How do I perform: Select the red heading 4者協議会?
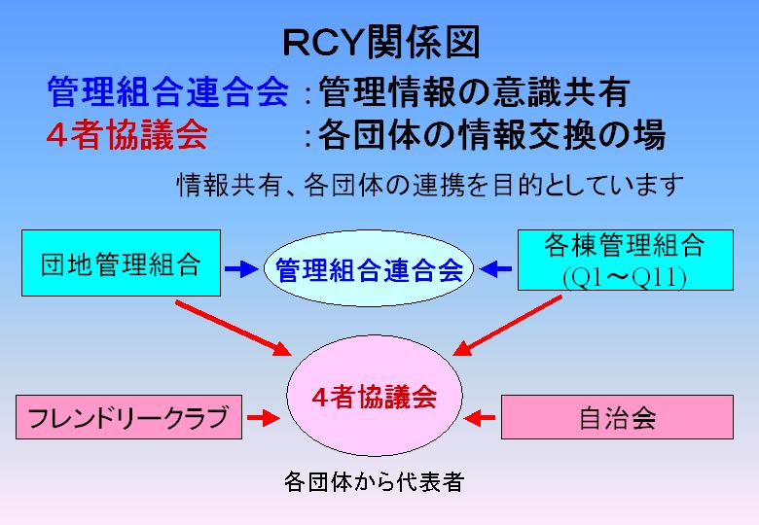click(x=126, y=136)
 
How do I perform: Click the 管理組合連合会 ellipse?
click(x=368, y=268)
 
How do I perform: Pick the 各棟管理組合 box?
click(x=625, y=245)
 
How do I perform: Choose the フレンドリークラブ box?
click(x=128, y=418)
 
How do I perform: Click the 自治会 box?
click(x=617, y=417)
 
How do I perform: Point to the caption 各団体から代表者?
click(x=374, y=481)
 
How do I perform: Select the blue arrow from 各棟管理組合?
click(x=497, y=266)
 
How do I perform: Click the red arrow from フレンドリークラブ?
click(x=262, y=418)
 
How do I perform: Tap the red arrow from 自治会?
click(x=481, y=418)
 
